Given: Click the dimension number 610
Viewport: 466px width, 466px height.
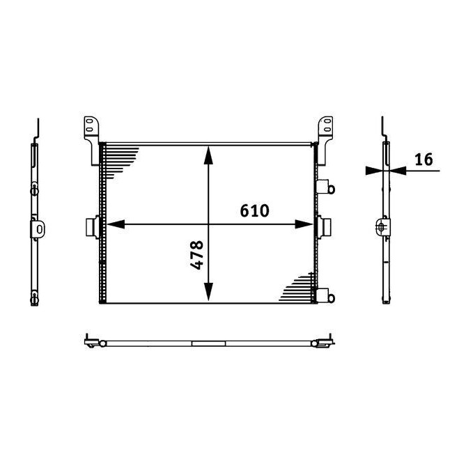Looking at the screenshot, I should pyautogui.click(x=255, y=210).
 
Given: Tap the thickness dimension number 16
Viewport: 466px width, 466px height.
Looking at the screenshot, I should pyautogui.click(x=423, y=160).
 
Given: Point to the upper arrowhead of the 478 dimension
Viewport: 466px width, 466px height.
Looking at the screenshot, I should pyautogui.click(x=208, y=154).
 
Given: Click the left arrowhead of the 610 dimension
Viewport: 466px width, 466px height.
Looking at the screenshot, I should pyautogui.click(x=114, y=224).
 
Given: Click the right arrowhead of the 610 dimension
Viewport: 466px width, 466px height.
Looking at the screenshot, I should pyautogui.click(x=304, y=224).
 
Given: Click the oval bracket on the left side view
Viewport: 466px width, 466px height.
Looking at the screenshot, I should pyautogui.click(x=39, y=228).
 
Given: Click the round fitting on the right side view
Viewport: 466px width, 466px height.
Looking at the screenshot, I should pyautogui.click(x=381, y=226).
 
